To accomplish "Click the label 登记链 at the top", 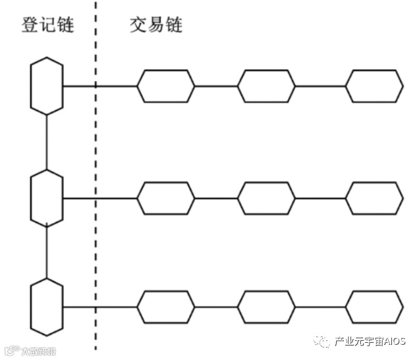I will pyautogui.click(x=47, y=25).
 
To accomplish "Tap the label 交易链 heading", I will pyautogui.click(x=156, y=25).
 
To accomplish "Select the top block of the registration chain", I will pyautogui.click(x=47, y=86).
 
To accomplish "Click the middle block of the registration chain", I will pyautogui.click(x=47, y=197).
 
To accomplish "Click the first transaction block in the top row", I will pyautogui.click(x=165, y=86).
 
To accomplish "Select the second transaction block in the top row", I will pyautogui.click(x=266, y=86).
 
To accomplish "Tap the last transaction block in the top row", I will pyautogui.click(x=374, y=86).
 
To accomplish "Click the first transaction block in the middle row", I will pyautogui.click(x=165, y=197).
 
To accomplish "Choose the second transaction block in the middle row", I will pyautogui.click(x=266, y=197).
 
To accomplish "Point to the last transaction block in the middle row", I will pyautogui.click(x=374, y=197).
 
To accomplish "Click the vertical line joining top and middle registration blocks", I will pyautogui.click(x=47, y=141).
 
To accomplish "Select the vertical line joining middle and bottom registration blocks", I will pyautogui.click(x=47, y=252).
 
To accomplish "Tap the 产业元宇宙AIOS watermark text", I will pyautogui.click(x=369, y=340).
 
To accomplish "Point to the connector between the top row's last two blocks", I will pyautogui.click(x=320, y=86).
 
